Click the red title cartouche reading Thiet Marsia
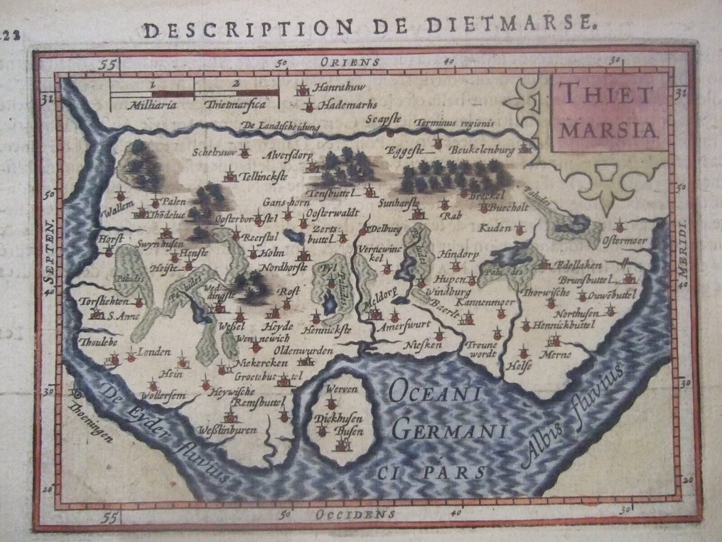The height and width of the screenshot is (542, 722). pyautogui.click(x=608, y=112)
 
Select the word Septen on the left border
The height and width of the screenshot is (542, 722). pyautogui.click(x=50, y=259)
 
